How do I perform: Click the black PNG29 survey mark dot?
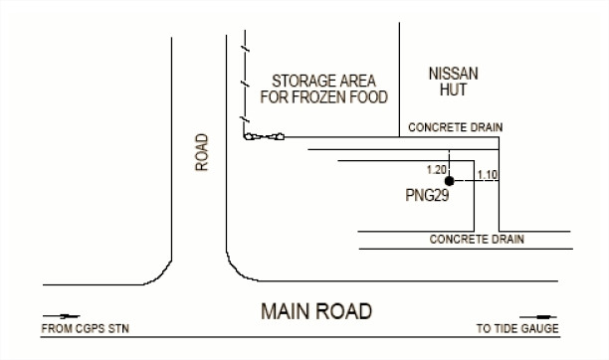450,181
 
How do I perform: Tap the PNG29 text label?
427,195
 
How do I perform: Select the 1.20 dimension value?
437,170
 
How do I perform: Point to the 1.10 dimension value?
488,175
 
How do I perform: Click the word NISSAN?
453,74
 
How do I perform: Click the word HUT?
453,90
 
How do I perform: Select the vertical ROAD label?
202,152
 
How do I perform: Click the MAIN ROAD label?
316,311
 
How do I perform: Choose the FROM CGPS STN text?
85,328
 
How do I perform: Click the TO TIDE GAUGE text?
517,328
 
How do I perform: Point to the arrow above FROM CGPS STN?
62,316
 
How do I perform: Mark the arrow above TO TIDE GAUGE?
538,317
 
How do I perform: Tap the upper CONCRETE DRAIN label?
456,127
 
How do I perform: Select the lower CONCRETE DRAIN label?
477,239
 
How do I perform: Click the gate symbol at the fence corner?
264,136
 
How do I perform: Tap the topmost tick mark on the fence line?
245,49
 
